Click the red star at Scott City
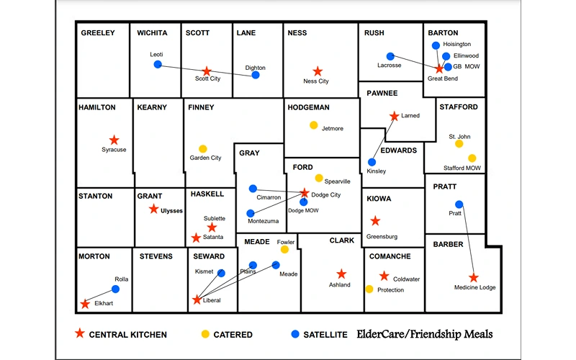pyautogui.click(x=207, y=71)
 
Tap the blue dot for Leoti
pyautogui.click(x=158, y=65)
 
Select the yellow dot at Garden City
pyautogui.click(x=203, y=149)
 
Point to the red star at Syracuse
pyautogui.click(x=114, y=140)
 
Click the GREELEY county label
pyautogui.click(x=98, y=33)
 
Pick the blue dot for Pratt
pyautogui.click(x=459, y=204)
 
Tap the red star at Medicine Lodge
pyautogui.click(x=474, y=278)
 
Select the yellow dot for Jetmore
pyautogui.click(x=314, y=125)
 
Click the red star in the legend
pyautogui.click(x=80, y=334)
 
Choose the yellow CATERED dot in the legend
pyautogui.click(x=204, y=334)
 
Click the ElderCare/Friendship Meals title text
pyautogui.click(x=425, y=334)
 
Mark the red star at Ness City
pyautogui.click(x=318, y=71)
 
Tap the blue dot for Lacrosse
pyautogui.click(x=390, y=56)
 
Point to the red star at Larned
pyautogui.click(x=394, y=116)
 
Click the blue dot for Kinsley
pyautogui.click(x=372, y=163)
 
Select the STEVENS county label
pyautogui.click(x=156, y=256)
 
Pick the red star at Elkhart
pyautogui.click(x=85, y=304)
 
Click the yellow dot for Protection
pyautogui.click(x=369, y=289)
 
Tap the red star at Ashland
pyautogui.click(x=341, y=274)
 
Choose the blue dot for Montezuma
pyautogui.click(x=251, y=214)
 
